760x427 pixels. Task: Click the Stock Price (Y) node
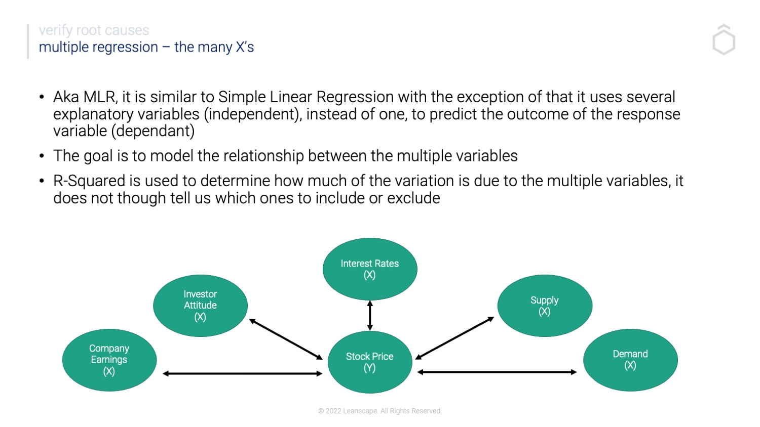[x=370, y=362]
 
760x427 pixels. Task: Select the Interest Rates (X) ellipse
[x=370, y=269]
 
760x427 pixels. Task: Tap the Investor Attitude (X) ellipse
[x=200, y=306]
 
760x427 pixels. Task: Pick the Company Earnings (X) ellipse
[x=109, y=360]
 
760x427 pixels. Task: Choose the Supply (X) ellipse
[x=545, y=306]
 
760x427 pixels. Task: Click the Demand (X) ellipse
[x=630, y=360]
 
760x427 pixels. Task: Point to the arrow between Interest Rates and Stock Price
[x=370, y=316]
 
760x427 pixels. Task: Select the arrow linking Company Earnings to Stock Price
[x=242, y=374]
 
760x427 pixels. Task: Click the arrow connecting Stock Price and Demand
[x=497, y=372]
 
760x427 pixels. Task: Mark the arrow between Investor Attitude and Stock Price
[x=286, y=339]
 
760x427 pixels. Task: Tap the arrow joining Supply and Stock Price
[x=454, y=338]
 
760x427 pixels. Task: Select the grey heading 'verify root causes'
[x=94, y=30]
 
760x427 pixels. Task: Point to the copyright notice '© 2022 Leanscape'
[x=379, y=411]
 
